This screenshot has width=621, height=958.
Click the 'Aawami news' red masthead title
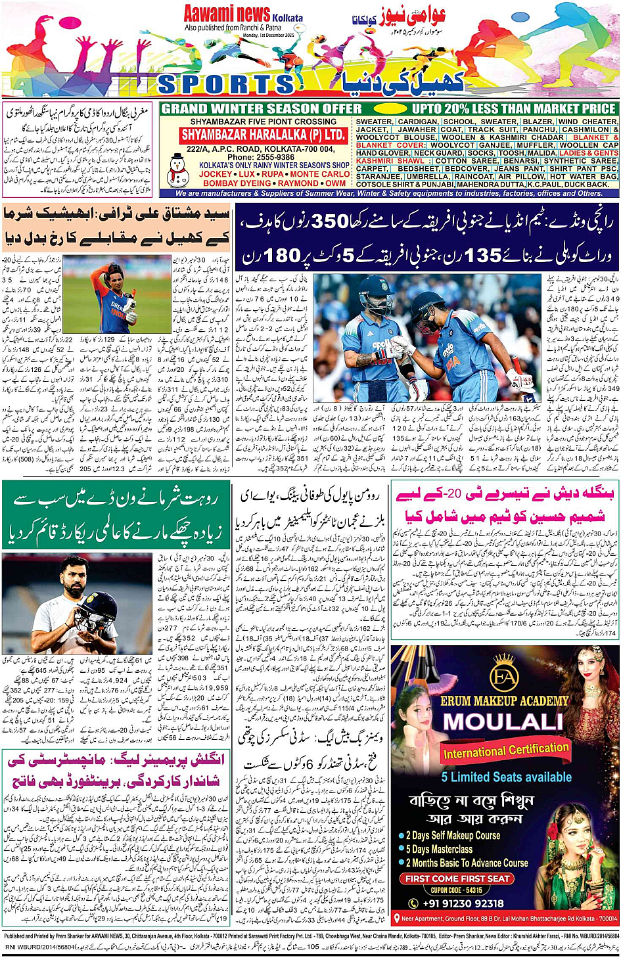pos(227,13)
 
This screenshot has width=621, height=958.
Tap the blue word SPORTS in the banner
pos(226,84)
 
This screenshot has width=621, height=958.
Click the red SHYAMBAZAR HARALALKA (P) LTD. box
pos(263,135)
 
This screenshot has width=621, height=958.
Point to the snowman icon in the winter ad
pos(177,171)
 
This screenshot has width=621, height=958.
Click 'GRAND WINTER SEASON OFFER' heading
pos(262,108)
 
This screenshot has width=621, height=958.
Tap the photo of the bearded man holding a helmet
pos(78,603)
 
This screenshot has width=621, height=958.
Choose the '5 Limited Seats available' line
pos(506,777)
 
